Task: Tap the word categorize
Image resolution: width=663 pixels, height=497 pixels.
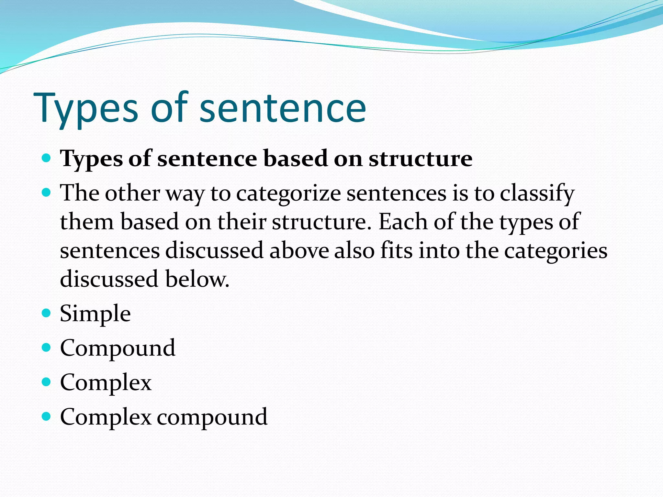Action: pos(288,193)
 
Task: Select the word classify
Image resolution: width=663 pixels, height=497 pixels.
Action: pos(537,194)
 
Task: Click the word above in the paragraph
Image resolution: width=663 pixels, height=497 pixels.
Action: pos(299,250)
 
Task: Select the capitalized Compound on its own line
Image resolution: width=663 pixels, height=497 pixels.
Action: pos(118,348)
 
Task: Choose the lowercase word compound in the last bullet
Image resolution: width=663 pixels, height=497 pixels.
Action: pos(212,417)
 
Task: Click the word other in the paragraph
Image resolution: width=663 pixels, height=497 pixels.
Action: pos(132,193)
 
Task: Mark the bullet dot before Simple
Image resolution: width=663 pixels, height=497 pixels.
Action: pos(47,313)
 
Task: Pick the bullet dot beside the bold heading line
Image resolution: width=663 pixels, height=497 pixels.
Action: pos(47,158)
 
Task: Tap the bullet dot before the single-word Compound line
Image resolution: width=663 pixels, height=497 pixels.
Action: pos(47,348)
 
